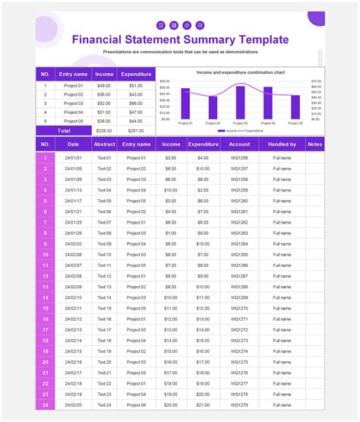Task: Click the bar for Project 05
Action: (295, 106)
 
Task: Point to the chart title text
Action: (241, 72)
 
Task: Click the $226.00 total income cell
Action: (104, 130)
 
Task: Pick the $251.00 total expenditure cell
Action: (136, 130)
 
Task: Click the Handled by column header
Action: (282, 143)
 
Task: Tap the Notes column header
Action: (336, 143)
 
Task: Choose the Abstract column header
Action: (104, 143)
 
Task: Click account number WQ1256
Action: (239, 157)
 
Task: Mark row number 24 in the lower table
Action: (46, 405)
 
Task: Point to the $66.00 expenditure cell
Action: (136, 103)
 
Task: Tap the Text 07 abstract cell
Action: (104, 222)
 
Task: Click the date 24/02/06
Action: (74, 255)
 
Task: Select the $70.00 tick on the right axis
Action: (316, 81)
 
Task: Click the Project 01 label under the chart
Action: (185, 122)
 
